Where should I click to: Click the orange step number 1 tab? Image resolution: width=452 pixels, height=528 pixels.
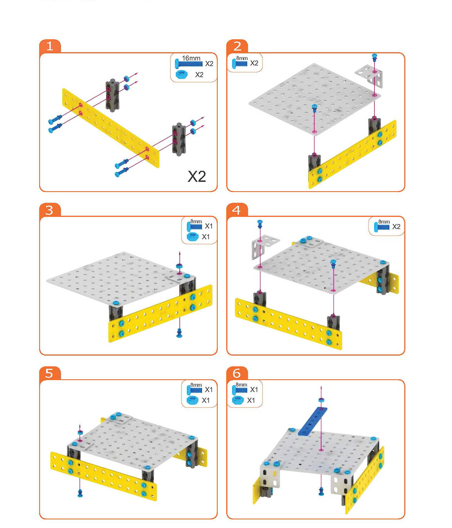point(50,46)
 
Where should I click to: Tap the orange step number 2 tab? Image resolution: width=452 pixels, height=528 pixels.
point(237,46)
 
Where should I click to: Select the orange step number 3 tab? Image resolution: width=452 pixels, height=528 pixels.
point(50,210)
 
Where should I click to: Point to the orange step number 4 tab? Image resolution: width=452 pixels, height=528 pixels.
point(237,210)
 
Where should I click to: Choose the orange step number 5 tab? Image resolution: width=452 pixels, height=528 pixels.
point(50,373)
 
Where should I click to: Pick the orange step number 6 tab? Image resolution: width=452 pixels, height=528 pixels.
point(237,373)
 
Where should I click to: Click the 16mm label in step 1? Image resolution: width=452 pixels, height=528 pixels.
point(191,58)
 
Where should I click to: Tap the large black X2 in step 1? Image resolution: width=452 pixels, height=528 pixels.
point(196,176)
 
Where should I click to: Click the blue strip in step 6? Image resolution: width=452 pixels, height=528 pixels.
point(313,421)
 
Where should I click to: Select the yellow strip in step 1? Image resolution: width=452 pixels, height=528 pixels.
point(111,128)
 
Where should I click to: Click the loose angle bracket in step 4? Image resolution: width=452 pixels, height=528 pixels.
point(264,246)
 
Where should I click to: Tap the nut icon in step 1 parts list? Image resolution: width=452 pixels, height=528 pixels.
point(182,75)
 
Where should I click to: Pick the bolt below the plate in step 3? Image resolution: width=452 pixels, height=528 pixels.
point(179,332)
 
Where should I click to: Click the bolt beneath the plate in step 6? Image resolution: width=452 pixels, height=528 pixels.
point(321,491)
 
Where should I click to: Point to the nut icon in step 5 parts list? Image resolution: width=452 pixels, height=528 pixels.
point(192,400)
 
